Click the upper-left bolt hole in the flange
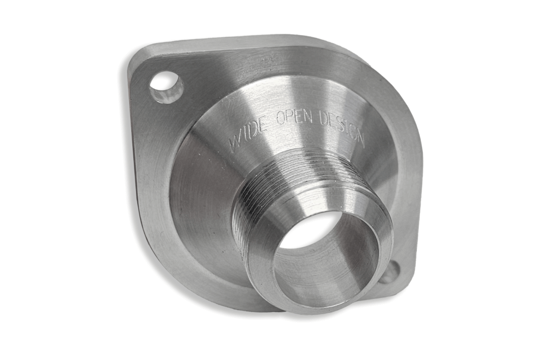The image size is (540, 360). [x=166, y=88]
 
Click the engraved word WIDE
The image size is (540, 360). [x=248, y=133]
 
